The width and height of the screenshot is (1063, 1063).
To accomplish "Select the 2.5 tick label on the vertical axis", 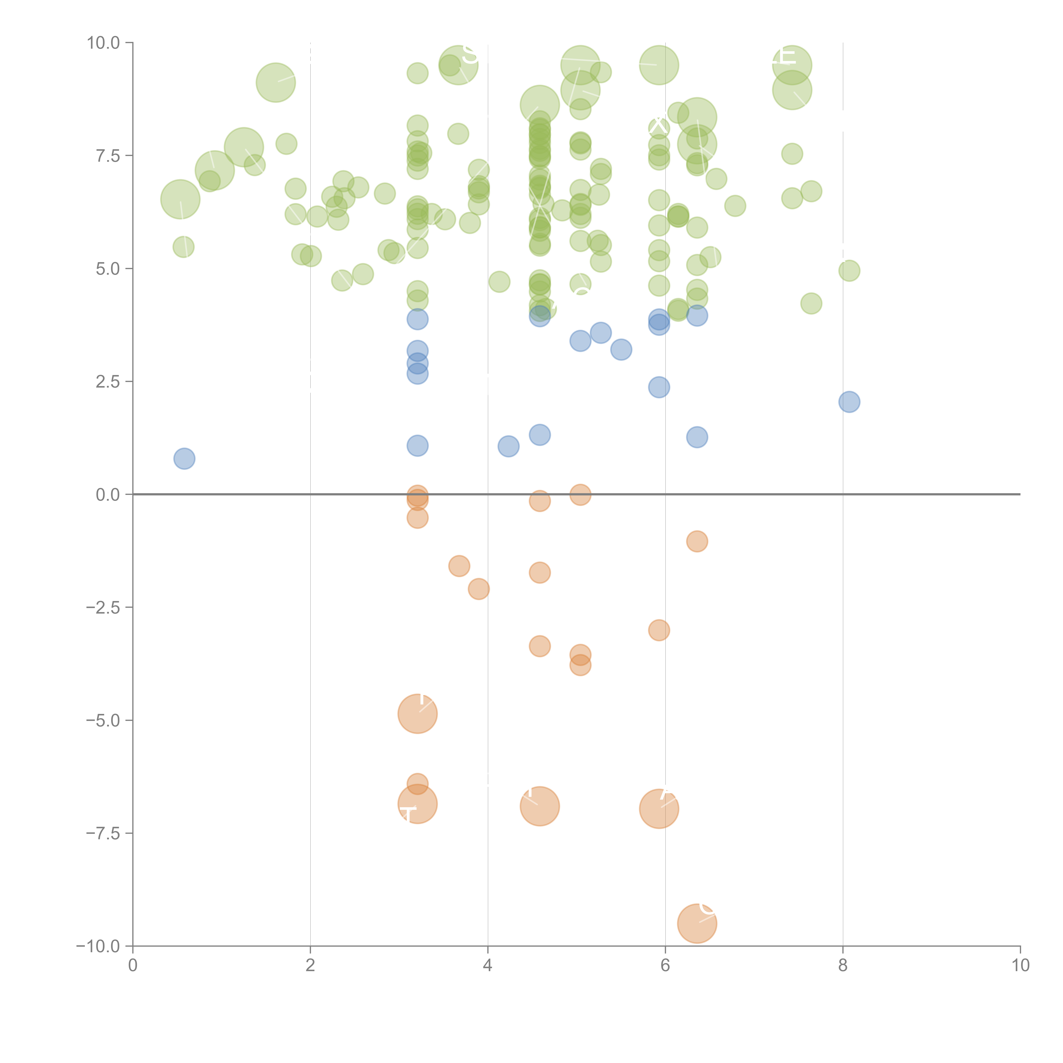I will tap(108, 382).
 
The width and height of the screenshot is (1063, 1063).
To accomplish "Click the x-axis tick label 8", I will tap(843, 966).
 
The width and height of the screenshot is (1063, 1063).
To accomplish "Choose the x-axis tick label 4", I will tap(487, 966).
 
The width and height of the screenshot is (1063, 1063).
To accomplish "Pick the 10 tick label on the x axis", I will tap(1020, 966).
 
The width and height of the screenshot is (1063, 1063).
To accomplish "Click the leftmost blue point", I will tap(184, 458).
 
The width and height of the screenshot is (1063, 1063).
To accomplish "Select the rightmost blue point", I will tap(849, 402).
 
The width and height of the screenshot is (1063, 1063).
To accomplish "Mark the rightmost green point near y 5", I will tap(849, 271).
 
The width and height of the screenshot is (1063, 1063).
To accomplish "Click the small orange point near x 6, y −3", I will tap(659, 630).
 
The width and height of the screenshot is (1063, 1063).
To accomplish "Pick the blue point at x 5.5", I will tap(621, 349).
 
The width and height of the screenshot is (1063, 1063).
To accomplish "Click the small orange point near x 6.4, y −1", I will tap(696, 541).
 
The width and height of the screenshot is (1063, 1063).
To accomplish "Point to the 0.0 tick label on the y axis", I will tap(108, 495).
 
